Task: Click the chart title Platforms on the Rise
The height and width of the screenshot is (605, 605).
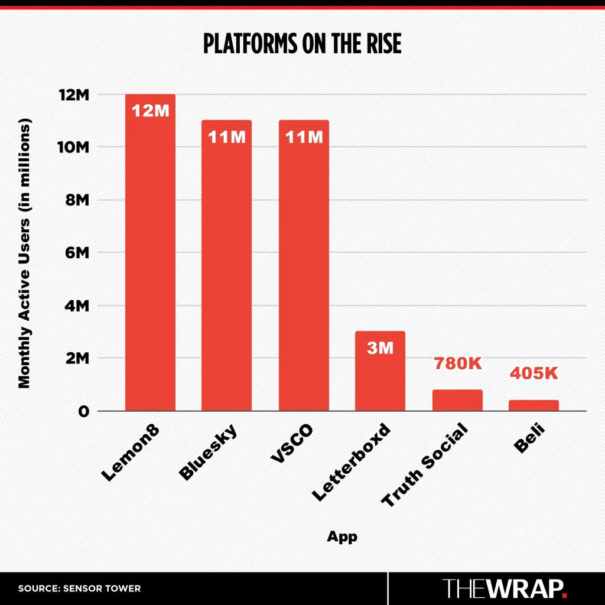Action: (302, 44)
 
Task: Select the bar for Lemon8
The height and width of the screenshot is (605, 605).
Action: (150, 254)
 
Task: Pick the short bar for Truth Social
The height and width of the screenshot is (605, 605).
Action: (457, 401)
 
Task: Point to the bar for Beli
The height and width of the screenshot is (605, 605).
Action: (534, 405)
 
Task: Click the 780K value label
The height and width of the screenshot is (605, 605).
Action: (458, 364)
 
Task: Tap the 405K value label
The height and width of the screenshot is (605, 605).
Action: (534, 374)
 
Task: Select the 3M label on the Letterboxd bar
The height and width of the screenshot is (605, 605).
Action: (380, 348)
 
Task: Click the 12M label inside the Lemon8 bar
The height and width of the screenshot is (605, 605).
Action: (150, 110)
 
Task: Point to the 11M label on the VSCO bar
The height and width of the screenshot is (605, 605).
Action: (304, 137)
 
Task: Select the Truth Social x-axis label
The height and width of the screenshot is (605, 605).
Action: (424, 466)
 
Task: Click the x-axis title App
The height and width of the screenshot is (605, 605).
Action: (342, 537)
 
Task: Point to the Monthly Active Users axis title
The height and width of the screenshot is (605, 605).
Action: (24, 253)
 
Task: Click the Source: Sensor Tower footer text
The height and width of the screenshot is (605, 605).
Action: (79, 588)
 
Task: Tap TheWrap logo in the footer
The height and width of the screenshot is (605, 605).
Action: (505, 588)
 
